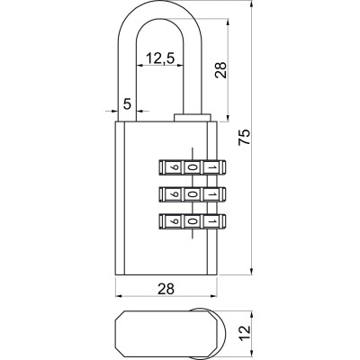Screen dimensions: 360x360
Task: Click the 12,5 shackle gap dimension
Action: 160,58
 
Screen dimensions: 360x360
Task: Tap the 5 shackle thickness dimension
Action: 127,104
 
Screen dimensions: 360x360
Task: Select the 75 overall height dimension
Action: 245,137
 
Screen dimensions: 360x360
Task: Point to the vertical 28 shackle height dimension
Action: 220,70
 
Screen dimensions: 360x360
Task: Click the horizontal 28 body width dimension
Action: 166,289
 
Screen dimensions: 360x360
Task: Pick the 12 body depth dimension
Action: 245,332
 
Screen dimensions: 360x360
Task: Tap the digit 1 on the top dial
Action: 211,168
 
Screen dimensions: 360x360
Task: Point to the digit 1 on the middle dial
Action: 211,194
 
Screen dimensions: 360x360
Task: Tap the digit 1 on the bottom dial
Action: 211,221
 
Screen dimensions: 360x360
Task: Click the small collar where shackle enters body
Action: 192,117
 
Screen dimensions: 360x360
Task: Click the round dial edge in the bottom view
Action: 224,332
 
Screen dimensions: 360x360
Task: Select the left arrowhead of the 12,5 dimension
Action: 139,65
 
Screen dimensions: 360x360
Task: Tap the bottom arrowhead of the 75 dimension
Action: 252,272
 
